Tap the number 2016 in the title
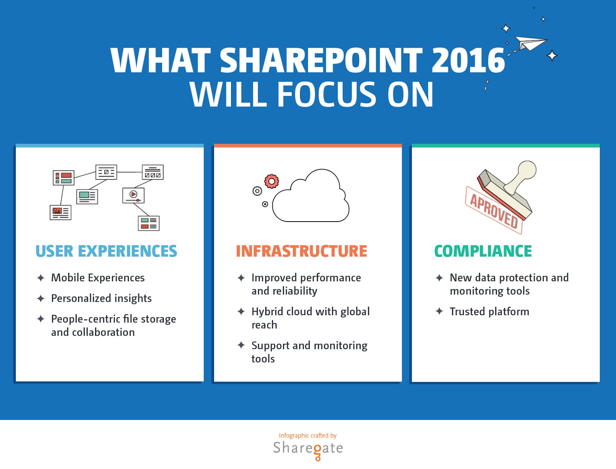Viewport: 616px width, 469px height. click(x=468, y=60)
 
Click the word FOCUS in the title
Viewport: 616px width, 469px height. click(x=326, y=94)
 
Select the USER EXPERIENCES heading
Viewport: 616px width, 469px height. click(x=106, y=251)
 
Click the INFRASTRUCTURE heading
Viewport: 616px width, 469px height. click(x=301, y=251)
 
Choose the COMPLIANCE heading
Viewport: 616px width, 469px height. click(x=483, y=251)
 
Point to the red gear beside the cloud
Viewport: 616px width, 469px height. click(x=271, y=182)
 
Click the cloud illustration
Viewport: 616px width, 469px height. click(x=311, y=196)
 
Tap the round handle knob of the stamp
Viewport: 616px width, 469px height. click(x=527, y=170)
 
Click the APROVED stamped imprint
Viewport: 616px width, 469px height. click(x=494, y=210)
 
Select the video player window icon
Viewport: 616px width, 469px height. click(x=133, y=195)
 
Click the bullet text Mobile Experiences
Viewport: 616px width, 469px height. click(x=98, y=278)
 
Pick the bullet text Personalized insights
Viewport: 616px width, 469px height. click(x=101, y=298)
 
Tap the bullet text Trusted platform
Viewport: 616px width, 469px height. click(x=489, y=311)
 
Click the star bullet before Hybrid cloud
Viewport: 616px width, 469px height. click(x=241, y=311)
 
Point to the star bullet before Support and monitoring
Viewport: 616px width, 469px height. click(x=241, y=345)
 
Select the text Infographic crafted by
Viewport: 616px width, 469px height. click(x=308, y=435)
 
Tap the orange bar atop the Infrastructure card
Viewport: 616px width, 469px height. click(x=308, y=145)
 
